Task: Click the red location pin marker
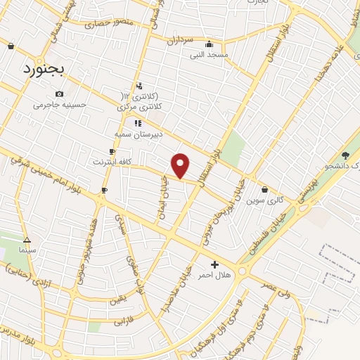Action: [181, 165]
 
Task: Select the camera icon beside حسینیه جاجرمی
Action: [59, 94]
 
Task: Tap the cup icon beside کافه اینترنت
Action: [112, 152]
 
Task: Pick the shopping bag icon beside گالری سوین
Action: [264, 189]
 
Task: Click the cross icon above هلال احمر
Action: [214, 264]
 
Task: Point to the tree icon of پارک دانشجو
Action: [345, 155]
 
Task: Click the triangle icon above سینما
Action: [27, 239]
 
